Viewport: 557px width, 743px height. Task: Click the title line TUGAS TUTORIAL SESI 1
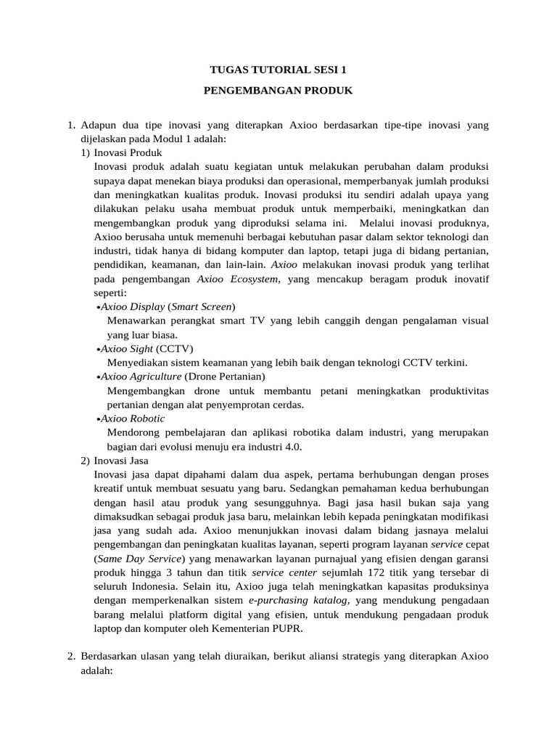(x=278, y=70)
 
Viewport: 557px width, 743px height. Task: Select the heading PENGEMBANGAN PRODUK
(x=278, y=91)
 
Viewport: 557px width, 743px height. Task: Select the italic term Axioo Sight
(x=126, y=349)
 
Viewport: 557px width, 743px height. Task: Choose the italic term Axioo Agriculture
(x=141, y=377)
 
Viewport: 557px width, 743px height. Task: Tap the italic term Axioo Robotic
(x=133, y=419)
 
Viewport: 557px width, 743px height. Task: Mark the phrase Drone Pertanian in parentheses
(x=225, y=377)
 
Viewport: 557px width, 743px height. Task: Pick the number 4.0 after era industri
(x=292, y=446)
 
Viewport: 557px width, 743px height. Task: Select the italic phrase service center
(x=284, y=572)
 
